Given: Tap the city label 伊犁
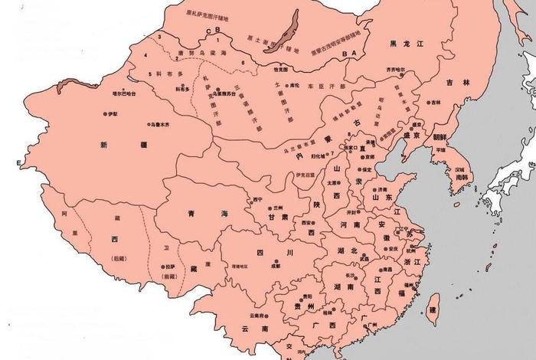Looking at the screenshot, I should [x=113, y=113].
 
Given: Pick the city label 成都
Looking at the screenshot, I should [x=275, y=267].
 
